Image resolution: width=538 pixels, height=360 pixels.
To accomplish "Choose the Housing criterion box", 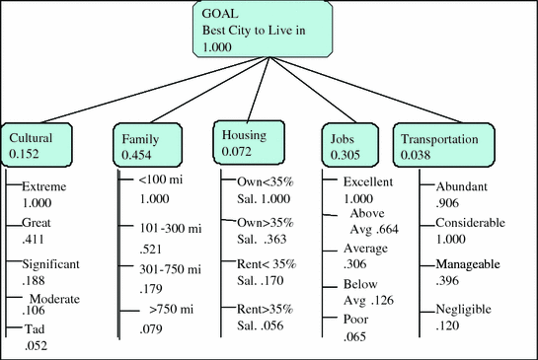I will (250, 142).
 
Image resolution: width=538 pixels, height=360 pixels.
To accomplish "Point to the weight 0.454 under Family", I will (136, 155).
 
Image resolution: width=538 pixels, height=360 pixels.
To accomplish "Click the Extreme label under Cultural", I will (43, 185).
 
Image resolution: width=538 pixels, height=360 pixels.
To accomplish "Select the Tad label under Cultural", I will (33, 330).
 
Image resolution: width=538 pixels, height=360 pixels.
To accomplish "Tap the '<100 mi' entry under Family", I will (145, 181).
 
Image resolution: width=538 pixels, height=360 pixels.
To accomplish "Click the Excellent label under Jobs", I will (368, 181).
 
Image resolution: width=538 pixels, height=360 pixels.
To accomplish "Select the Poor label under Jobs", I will (356, 320).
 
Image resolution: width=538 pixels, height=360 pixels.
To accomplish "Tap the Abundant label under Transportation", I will (463, 185).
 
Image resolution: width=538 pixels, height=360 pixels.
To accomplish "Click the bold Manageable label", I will (469, 265).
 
